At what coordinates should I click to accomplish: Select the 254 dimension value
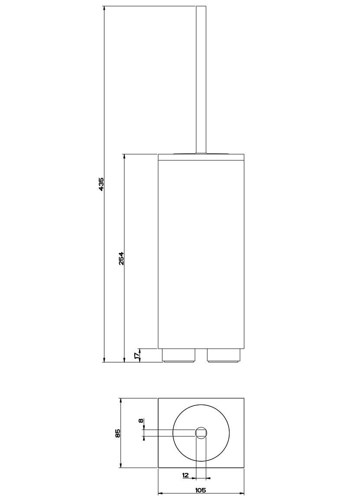click(x=122, y=258)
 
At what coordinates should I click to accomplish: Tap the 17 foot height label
click(x=137, y=355)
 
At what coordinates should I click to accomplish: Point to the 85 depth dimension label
click(x=117, y=433)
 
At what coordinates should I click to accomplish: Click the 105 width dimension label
click(x=201, y=490)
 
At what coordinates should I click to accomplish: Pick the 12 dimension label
click(x=185, y=475)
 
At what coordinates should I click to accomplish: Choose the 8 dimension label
click(x=140, y=421)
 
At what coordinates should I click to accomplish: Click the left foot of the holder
click(x=178, y=355)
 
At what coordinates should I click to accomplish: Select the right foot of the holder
click(x=223, y=355)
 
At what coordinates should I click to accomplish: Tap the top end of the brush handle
click(x=201, y=8)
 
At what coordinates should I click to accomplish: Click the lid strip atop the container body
click(x=201, y=157)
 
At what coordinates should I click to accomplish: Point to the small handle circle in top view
click(x=201, y=432)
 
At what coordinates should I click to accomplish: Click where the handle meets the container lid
click(x=201, y=153)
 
